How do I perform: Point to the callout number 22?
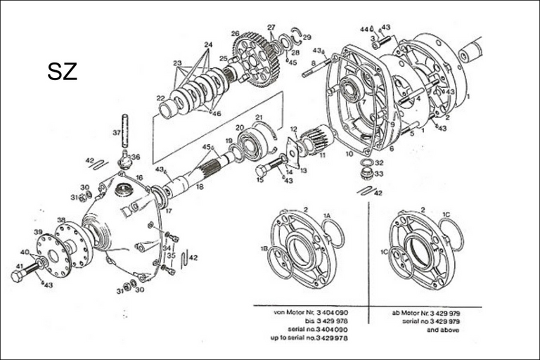pyautogui.click(x=160, y=98)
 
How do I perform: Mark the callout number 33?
pyautogui.click(x=379, y=175)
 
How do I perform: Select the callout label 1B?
pyautogui.click(x=264, y=248)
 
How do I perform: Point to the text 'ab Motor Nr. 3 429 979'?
pyautogui.click(x=425, y=311)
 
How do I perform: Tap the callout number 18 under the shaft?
pyautogui.click(x=200, y=187)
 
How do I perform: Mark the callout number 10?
pyautogui.click(x=349, y=153)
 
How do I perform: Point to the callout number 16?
pyautogui.click(x=139, y=178)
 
